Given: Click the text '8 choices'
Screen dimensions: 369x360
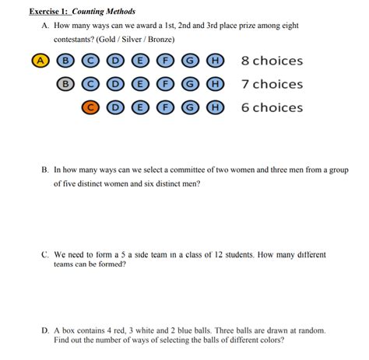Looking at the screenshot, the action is point(272,61).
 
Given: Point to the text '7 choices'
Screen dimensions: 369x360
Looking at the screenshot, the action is point(272,84).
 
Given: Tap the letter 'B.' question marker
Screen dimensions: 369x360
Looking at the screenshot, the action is point(44,169).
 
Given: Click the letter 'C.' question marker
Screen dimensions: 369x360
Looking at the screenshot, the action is point(44,254).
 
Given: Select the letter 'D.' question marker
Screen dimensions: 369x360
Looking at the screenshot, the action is point(45,330).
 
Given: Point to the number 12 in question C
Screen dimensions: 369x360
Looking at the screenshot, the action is point(223,254).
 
